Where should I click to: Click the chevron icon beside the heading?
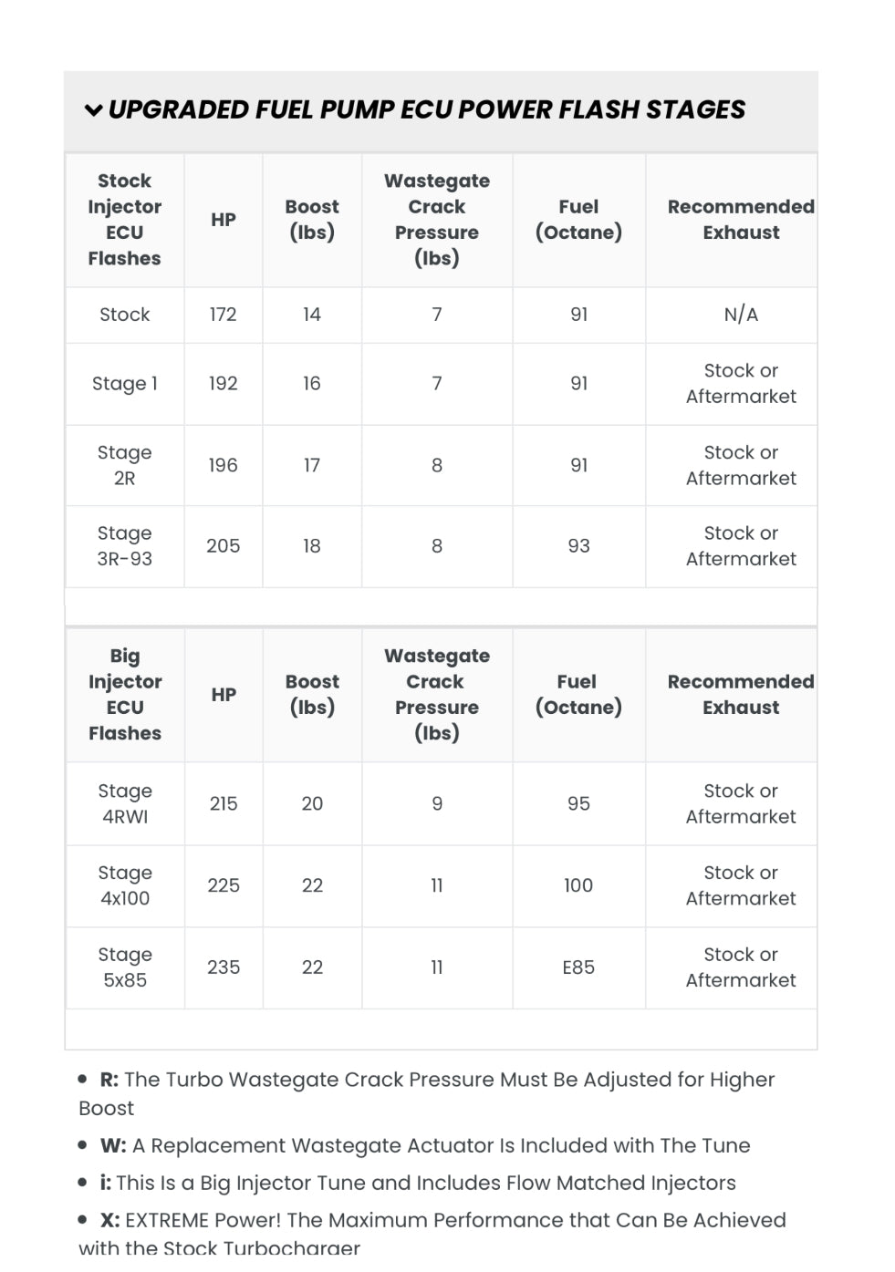click(93, 110)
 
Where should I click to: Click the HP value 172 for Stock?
click(223, 315)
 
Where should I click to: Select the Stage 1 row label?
click(124, 384)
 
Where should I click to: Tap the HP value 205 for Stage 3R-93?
click(223, 546)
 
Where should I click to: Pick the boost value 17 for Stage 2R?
click(311, 465)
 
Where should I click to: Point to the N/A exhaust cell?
click(740, 315)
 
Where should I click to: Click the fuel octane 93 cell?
click(578, 546)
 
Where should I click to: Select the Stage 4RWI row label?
click(124, 803)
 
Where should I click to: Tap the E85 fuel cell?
click(578, 967)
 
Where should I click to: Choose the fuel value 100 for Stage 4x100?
click(578, 885)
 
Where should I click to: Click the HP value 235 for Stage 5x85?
click(223, 967)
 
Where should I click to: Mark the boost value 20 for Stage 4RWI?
click(312, 803)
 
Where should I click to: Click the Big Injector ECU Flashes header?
click(124, 694)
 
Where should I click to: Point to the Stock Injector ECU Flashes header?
click(124, 220)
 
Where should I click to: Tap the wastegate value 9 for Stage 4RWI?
click(437, 803)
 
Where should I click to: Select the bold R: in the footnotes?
click(109, 1080)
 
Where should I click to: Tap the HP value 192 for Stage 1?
click(223, 384)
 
